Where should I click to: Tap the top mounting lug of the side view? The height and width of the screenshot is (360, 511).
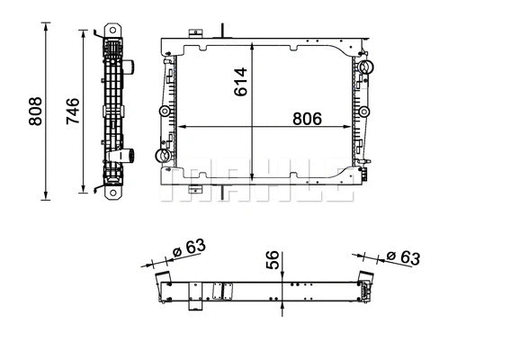113,29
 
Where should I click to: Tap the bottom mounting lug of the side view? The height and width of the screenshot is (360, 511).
113,189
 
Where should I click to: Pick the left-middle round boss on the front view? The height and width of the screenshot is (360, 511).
164,112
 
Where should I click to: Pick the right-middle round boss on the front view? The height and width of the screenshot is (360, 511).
366,112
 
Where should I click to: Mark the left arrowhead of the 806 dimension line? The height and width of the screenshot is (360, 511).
181,126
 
